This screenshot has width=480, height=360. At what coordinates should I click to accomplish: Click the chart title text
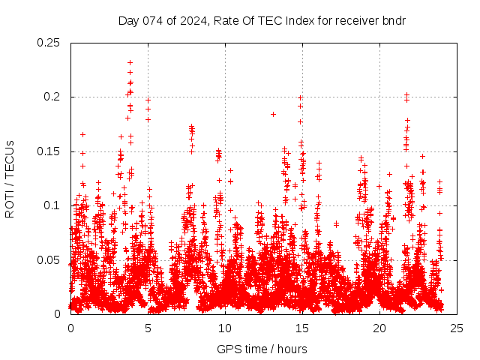coord(262,20)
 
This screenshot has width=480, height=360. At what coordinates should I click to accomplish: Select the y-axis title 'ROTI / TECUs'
coord(10,178)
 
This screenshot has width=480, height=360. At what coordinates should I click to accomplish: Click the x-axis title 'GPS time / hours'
coord(262,349)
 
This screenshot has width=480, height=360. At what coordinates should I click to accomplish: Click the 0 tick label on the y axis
coord(58,313)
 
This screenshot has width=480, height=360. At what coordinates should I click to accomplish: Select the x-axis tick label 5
coord(148,328)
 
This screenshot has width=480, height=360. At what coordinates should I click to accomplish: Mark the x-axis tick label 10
coord(225,328)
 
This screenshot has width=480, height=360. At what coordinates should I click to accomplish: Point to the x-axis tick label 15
coord(302,328)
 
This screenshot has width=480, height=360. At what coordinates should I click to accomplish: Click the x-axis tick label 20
coord(379,328)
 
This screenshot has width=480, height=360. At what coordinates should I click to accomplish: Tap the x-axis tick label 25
coord(457,328)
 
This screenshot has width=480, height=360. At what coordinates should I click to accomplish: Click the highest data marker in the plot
coord(130,63)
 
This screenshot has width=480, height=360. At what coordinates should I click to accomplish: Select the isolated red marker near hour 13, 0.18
coord(273,114)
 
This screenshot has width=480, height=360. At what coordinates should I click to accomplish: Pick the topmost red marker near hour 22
coord(406,95)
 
